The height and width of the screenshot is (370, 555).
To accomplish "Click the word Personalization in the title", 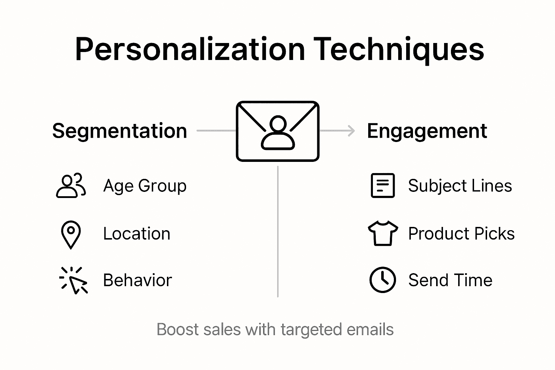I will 190,50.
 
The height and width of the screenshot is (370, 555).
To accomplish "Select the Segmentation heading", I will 120,131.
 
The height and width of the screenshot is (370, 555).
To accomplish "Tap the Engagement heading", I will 427,131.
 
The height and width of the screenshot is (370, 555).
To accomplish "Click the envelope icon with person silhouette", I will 277,131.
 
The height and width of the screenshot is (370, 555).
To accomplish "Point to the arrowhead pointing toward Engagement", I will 351,131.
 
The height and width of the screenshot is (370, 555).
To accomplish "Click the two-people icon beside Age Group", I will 71,186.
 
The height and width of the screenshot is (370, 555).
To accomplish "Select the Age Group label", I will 145,186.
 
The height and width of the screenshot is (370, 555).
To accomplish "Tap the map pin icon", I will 71,234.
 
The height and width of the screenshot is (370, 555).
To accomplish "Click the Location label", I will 137,234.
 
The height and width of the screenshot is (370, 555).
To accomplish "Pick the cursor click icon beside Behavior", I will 74,280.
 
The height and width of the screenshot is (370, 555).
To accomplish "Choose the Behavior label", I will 137,280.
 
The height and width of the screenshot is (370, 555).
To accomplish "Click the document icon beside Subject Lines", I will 383,186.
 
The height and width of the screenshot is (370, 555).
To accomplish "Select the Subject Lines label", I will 460,186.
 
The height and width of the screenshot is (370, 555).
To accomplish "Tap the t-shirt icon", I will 383,233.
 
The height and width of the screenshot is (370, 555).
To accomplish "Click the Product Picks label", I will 461,234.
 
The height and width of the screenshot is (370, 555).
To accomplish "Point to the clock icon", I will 383,280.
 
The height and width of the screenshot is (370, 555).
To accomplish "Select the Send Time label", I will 450,280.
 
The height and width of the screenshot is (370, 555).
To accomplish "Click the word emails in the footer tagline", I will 370,330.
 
